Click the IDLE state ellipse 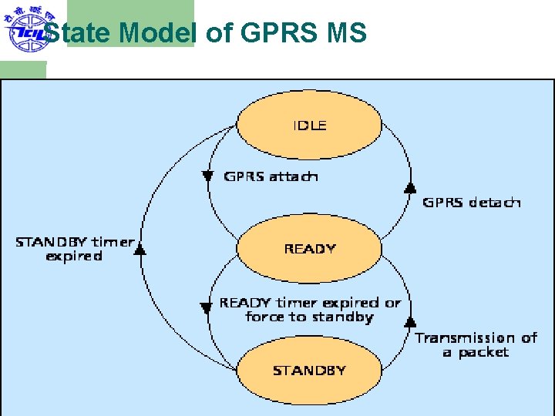pos(308,126)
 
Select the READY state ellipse pos(308,248)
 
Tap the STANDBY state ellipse pos(308,371)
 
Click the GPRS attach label pos(271,176)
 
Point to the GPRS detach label pos(472,203)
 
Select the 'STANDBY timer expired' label pos(74,249)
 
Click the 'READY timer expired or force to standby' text pos(310,310)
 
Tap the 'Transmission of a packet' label pos(476,345)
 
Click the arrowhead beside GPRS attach pos(207,176)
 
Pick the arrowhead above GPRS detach pos(410,187)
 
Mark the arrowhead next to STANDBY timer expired pos(140,248)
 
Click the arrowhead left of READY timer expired pos(206,308)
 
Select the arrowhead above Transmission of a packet pos(410,320)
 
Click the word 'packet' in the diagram pos(483,353)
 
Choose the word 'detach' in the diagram pos(495,203)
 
